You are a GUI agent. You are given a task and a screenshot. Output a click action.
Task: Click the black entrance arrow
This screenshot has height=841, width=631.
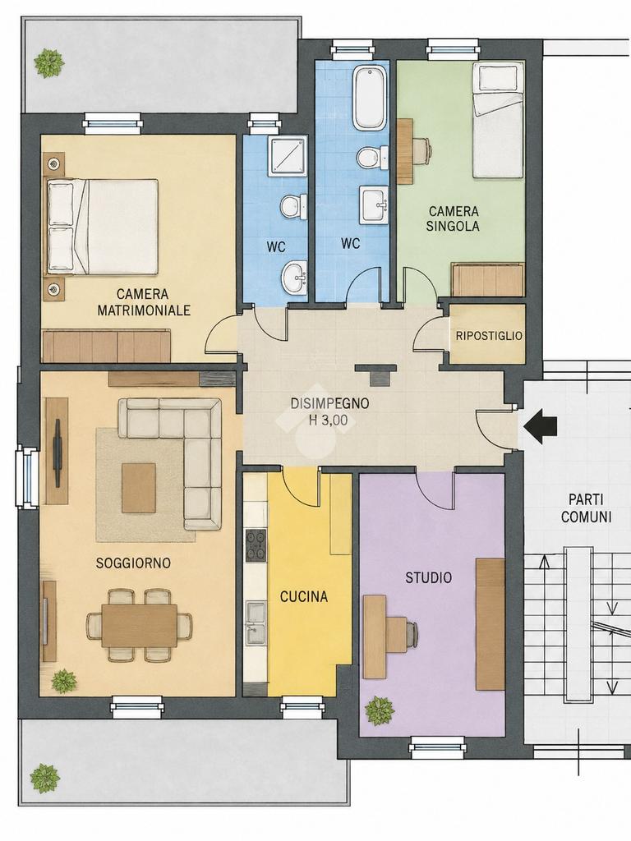click(x=541, y=426)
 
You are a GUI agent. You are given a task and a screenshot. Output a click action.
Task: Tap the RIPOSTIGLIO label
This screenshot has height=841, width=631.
click(x=488, y=336)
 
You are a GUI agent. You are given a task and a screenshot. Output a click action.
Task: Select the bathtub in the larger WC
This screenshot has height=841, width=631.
click(x=369, y=97)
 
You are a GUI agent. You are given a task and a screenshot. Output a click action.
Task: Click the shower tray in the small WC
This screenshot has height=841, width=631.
click(x=288, y=155)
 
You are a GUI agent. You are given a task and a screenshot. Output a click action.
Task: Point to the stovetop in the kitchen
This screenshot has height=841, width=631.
click(x=256, y=545)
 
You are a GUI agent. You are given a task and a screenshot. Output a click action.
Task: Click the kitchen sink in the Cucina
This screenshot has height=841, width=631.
click(x=256, y=623)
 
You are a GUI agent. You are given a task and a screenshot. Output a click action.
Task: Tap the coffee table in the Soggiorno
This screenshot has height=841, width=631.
click(x=138, y=488)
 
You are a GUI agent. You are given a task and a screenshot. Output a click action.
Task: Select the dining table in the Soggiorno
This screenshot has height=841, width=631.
click(x=140, y=625)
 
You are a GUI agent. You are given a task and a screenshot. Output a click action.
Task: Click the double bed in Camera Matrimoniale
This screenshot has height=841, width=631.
click(x=103, y=227)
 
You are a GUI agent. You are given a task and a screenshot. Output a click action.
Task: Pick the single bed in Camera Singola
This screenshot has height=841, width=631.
click(x=497, y=122)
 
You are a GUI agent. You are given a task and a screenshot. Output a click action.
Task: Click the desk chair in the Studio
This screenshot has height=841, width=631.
click(x=403, y=635)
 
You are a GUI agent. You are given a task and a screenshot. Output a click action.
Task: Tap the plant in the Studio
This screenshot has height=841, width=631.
click(x=380, y=710)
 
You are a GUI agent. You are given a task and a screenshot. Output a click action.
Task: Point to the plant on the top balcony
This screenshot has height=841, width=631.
click(x=49, y=62)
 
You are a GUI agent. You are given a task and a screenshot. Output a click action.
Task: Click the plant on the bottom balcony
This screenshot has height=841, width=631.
click(x=44, y=779)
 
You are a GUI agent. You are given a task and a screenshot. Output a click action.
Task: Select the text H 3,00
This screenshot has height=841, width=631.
click(x=329, y=420)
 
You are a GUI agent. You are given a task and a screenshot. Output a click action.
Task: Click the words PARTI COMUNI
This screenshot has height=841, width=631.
click(x=586, y=508)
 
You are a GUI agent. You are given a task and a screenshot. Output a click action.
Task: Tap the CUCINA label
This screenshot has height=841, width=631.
click(x=304, y=596)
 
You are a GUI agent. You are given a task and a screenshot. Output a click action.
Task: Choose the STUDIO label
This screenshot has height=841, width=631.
click(x=428, y=577)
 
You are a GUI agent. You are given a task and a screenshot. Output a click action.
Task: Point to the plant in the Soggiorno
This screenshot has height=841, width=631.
click(x=64, y=681)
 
